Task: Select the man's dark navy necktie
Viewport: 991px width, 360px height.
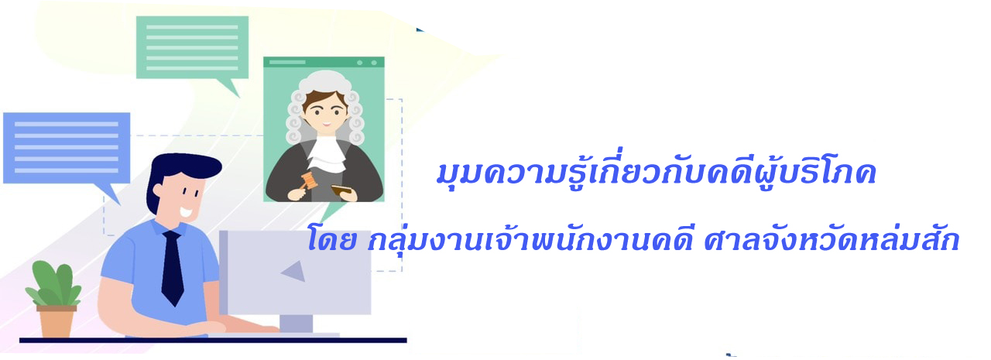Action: tap(173, 268)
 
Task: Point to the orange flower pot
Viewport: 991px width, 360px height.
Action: tap(57, 322)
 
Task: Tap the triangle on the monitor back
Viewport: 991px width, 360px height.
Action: tap(295, 271)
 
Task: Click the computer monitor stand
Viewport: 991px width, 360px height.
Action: tap(296, 324)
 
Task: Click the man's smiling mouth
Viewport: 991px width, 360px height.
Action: tap(187, 212)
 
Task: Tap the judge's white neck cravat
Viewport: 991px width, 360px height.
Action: tap(327, 154)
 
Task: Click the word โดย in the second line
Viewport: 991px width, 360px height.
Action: tap(332, 238)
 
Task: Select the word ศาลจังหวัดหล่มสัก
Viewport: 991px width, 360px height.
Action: tap(832, 239)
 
